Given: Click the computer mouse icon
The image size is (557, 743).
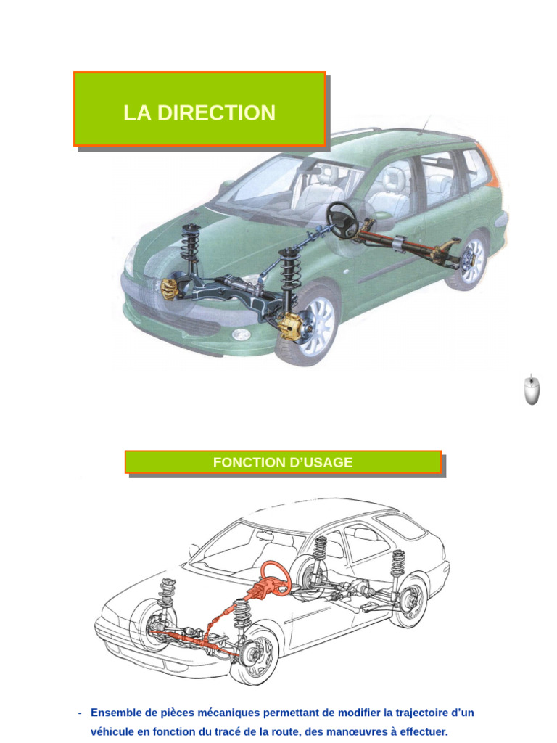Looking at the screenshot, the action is (532, 390).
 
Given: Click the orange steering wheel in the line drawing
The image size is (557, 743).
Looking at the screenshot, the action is (276, 576).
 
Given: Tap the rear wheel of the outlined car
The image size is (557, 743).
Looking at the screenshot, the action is (409, 600).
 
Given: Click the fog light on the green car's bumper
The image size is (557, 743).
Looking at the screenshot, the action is (240, 334).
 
